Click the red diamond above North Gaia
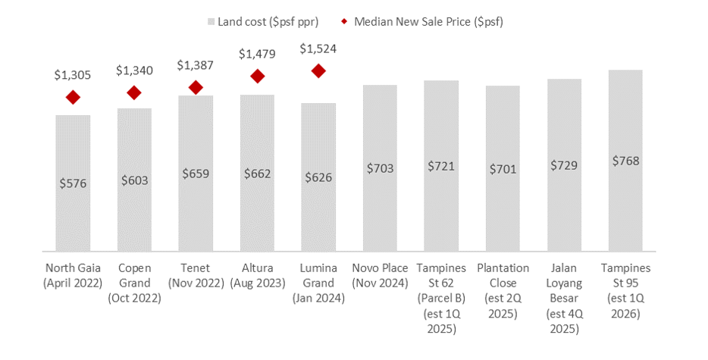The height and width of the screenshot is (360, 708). click(74, 97)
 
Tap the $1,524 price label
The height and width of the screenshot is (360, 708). click(318, 49)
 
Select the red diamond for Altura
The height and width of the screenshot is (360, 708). click(258, 76)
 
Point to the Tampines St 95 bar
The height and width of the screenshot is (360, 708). click(625, 160)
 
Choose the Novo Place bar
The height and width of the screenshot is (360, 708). click(380, 167)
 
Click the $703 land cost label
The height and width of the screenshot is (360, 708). click(380, 168)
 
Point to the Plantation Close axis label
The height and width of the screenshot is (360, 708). click(503, 283)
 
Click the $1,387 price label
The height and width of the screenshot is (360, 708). click(196, 66)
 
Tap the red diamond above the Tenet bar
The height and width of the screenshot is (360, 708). click(196, 88)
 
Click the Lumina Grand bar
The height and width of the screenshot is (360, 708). click(318, 176)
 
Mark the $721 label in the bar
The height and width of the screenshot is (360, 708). click(441, 165)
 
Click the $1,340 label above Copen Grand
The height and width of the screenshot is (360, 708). click(135, 70)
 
